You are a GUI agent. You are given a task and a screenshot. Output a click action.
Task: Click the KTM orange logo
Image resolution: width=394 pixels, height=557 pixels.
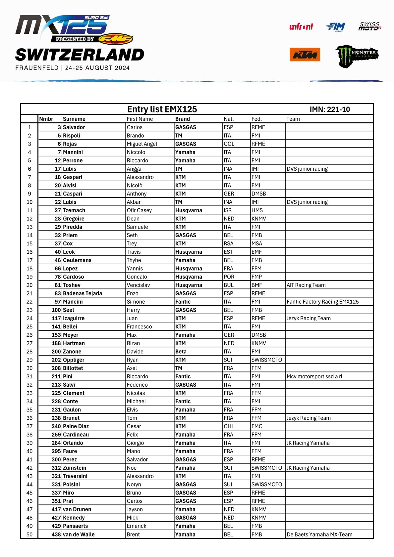click(305, 55)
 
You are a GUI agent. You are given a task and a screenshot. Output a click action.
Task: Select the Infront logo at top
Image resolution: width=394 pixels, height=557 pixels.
click(301, 27)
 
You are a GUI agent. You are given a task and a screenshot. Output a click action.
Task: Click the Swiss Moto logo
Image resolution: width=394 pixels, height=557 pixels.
click(369, 26)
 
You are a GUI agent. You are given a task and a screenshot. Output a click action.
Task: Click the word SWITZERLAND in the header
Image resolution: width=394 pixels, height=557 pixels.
click(80, 55)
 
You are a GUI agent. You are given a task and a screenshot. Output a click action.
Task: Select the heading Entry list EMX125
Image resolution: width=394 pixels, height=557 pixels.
click(162, 109)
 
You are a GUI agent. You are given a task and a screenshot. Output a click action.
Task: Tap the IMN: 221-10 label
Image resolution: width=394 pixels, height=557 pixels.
click(330, 109)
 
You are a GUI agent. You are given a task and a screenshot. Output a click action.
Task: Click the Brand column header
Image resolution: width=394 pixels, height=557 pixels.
click(183, 119)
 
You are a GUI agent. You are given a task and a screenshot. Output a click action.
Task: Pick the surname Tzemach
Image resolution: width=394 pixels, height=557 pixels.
click(74, 210)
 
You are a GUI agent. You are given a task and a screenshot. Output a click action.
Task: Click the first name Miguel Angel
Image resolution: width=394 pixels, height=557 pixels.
click(142, 144)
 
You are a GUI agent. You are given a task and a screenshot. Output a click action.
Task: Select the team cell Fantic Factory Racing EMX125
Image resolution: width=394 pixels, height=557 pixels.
click(322, 302)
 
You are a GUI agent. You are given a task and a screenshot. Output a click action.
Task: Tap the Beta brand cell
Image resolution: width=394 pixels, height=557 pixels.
click(181, 352)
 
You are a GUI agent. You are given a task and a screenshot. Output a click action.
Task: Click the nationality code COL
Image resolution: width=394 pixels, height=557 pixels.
click(229, 144)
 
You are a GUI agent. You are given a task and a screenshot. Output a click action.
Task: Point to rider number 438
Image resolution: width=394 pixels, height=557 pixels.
click(56, 535)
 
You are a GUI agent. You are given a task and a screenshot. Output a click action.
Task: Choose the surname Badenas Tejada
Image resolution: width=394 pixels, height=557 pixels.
click(83, 293)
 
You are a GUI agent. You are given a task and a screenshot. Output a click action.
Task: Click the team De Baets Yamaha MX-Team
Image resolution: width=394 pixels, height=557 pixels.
click(319, 535)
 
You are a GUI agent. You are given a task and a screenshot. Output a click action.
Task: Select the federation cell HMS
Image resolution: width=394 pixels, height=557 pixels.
click(257, 210)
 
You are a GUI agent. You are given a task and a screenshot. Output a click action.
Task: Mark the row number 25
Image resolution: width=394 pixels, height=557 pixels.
click(29, 327)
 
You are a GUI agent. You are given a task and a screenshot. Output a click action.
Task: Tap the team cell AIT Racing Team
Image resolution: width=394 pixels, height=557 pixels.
click(306, 285)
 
